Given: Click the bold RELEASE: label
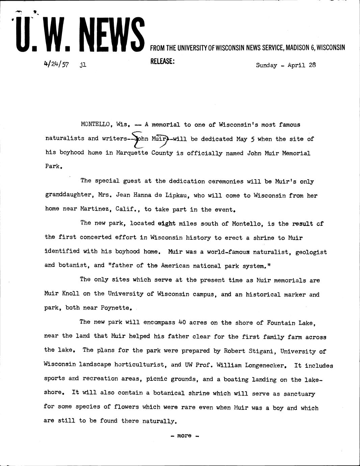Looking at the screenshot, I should coord(162,62).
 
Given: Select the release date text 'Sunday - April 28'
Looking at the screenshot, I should coord(286,65).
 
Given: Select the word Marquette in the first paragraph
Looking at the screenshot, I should coord(132,153).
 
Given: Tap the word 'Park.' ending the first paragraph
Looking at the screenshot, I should coord(54,166).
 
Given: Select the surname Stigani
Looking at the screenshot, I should coord(262,351).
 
